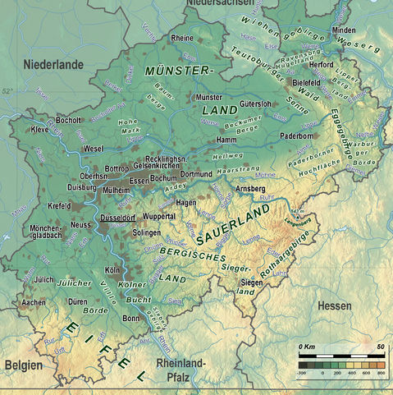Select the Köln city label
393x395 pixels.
[x=112, y=269]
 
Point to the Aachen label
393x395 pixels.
[x=34, y=302]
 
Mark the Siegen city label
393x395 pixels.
[x=252, y=282]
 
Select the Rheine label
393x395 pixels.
[x=182, y=39]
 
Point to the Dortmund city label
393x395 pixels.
[x=196, y=174]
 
